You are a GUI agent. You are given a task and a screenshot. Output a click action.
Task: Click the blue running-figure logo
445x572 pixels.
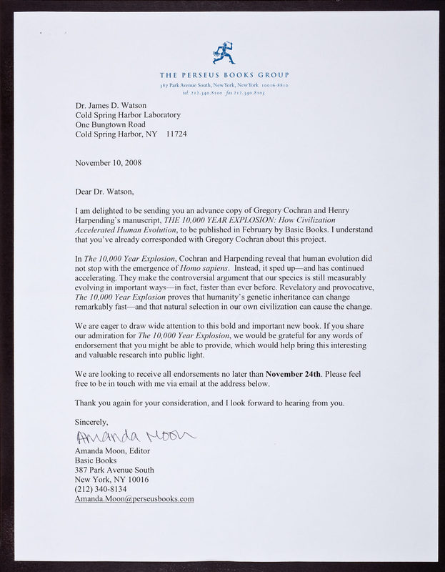point(222,54)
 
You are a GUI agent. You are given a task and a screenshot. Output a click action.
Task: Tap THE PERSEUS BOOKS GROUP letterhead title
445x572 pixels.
point(224,75)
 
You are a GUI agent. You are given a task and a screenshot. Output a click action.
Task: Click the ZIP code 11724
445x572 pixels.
point(177,133)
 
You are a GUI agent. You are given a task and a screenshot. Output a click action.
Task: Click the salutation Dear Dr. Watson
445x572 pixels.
point(104,191)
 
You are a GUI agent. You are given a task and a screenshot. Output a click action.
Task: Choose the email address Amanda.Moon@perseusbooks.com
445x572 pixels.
point(134,499)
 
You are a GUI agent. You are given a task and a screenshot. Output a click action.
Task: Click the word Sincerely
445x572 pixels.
point(94,422)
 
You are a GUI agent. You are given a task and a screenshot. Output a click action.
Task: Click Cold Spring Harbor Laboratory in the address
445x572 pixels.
point(128,113)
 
